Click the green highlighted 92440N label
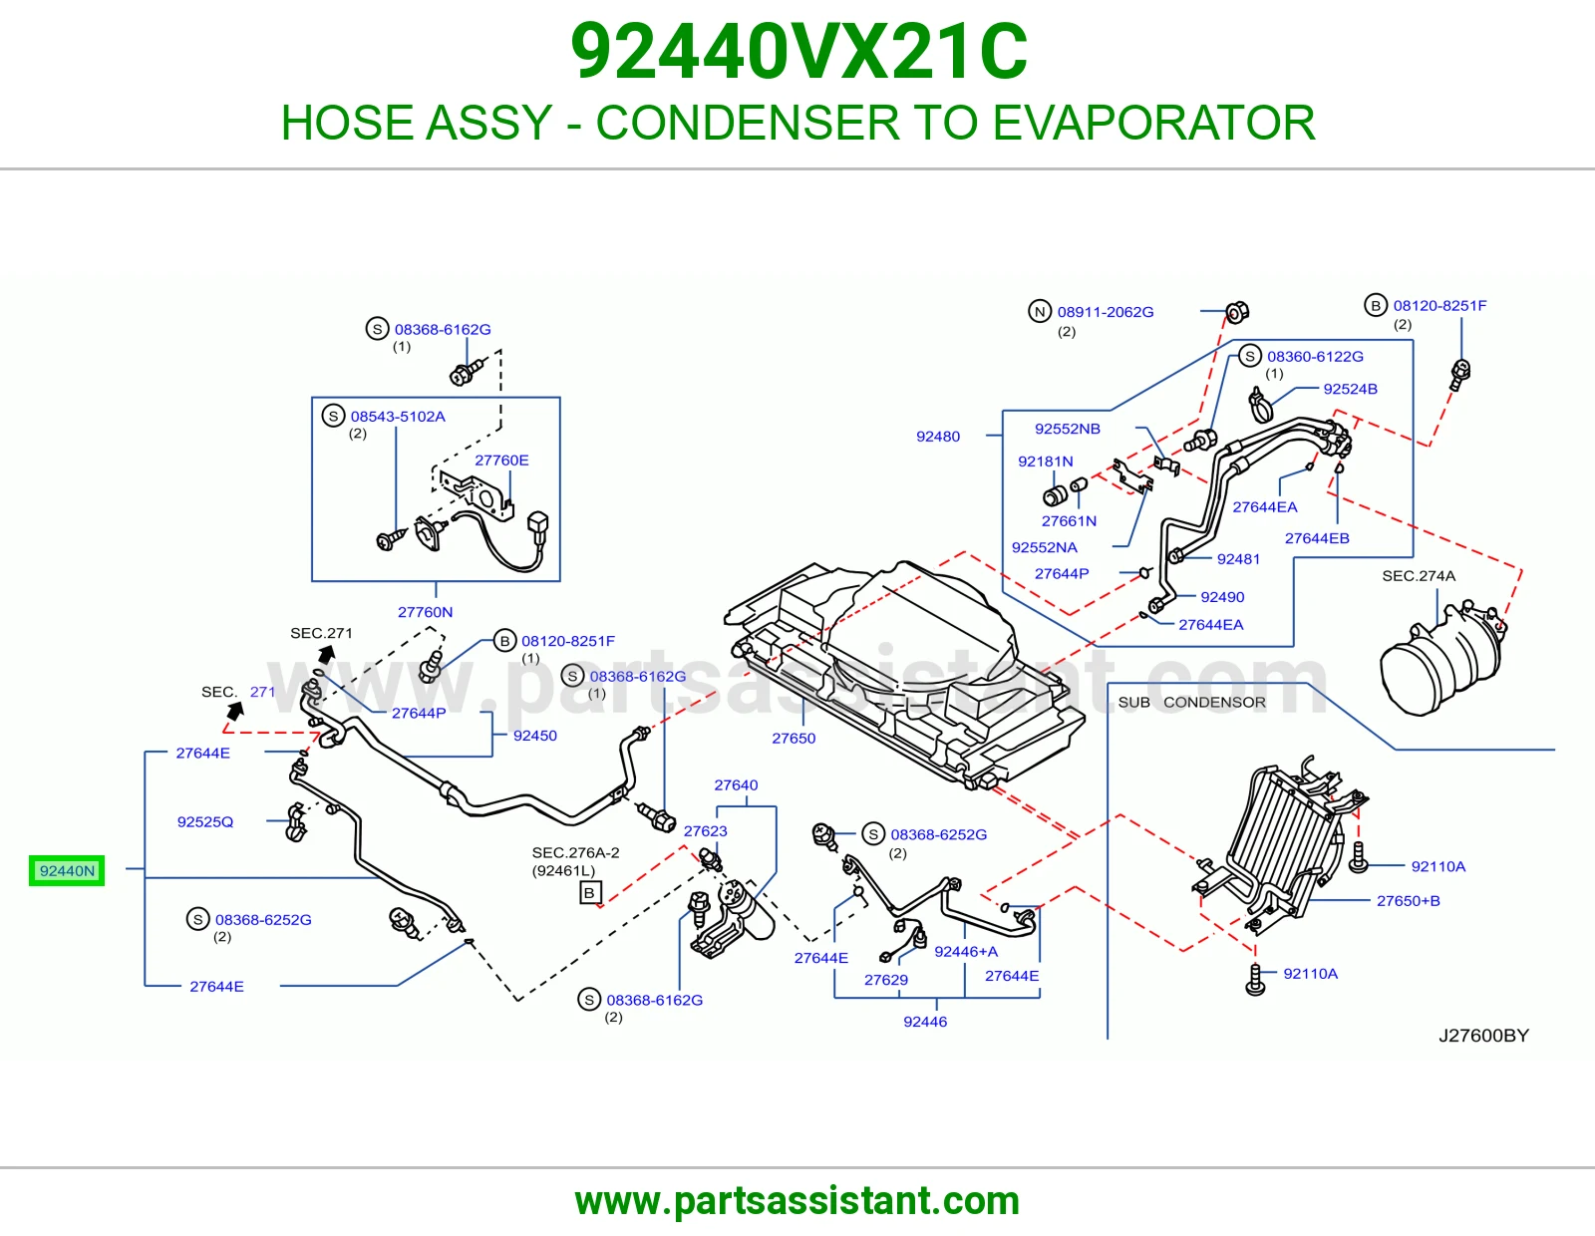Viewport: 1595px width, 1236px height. point(67,870)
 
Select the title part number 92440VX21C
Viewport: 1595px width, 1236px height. point(799,52)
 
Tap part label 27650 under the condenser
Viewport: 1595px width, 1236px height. point(794,738)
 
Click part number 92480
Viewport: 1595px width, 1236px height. point(937,436)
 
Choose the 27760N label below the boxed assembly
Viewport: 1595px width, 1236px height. point(425,611)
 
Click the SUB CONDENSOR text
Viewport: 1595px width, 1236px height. point(1191,702)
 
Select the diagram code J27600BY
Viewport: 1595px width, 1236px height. point(1483,1035)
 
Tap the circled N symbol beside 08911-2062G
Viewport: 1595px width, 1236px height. point(1040,311)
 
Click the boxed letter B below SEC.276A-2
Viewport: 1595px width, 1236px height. point(589,893)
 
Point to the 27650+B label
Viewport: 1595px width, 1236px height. point(1408,900)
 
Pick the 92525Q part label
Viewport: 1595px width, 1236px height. point(204,821)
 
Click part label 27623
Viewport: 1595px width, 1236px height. point(705,831)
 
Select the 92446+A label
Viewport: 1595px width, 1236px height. point(966,951)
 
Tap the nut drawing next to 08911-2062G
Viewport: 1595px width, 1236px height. point(1237,312)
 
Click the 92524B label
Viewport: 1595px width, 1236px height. point(1350,389)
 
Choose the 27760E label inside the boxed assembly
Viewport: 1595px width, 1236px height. point(501,461)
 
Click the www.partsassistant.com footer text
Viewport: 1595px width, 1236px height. point(797,1201)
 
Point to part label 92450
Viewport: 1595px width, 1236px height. point(534,736)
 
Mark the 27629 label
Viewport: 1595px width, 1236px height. point(886,979)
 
